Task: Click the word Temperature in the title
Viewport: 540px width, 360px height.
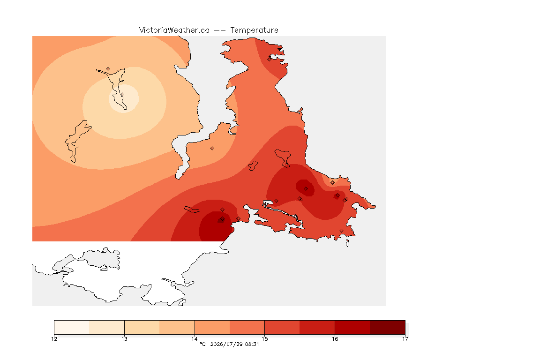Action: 254,30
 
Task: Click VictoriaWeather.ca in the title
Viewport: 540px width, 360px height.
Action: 174,30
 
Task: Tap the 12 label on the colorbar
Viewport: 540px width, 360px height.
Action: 54,339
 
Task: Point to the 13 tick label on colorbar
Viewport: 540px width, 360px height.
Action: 124,339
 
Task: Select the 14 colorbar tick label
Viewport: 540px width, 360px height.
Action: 195,339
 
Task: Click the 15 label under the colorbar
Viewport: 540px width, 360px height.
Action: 264,339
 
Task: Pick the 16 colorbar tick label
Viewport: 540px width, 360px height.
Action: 335,339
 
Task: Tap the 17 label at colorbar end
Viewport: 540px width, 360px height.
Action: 405,339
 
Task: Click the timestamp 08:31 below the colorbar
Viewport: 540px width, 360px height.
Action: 252,344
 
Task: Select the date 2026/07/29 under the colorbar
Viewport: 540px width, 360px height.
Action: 226,344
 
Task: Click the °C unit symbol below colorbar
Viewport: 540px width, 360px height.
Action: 202,344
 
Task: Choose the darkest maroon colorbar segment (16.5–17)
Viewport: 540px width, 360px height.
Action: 388,327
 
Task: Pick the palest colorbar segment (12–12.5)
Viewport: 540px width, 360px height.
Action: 72,327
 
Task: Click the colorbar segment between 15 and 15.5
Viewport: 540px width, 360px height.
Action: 282,327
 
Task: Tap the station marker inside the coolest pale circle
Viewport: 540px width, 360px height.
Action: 122,94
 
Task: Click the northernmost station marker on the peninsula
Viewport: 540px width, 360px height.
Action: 270,59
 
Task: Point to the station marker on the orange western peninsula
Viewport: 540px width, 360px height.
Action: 212,149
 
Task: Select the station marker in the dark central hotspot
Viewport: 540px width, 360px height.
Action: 306,189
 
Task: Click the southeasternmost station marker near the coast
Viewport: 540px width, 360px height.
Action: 341,231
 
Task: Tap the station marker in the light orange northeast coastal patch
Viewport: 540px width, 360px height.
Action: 332,183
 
